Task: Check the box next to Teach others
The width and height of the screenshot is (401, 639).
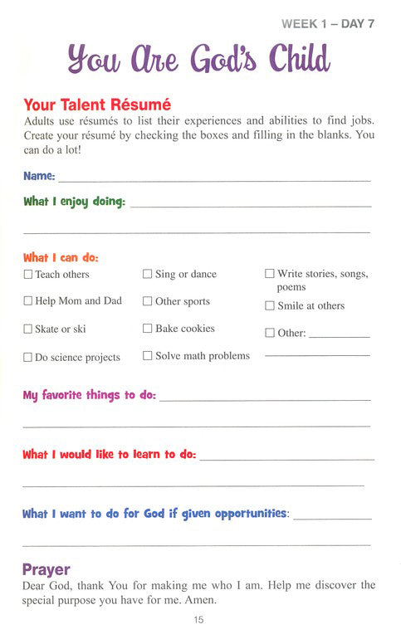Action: click(28, 274)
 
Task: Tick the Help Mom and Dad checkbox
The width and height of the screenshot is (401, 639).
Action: click(28, 301)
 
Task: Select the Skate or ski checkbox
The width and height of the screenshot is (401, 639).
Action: click(28, 329)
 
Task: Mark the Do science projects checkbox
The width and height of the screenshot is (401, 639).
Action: click(28, 358)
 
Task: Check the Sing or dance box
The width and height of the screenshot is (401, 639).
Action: click(148, 274)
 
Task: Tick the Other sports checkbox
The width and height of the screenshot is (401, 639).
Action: click(148, 301)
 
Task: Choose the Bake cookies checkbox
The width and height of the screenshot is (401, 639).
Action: click(148, 329)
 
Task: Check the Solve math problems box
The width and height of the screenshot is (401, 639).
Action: click(148, 356)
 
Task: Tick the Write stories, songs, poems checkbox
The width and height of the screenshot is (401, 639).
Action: click(270, 273)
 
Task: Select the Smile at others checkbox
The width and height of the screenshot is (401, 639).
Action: click(270, 305)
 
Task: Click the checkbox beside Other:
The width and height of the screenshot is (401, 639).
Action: click(270, 333)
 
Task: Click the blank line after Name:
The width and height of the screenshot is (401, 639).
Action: click(214, 178)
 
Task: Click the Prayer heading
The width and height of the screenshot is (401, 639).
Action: click(46, 570)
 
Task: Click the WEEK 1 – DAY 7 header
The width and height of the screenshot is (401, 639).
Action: click(328, 23)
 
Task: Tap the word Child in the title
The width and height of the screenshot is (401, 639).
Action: click(291, 60)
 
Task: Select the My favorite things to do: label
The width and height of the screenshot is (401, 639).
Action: click(89, 395)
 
